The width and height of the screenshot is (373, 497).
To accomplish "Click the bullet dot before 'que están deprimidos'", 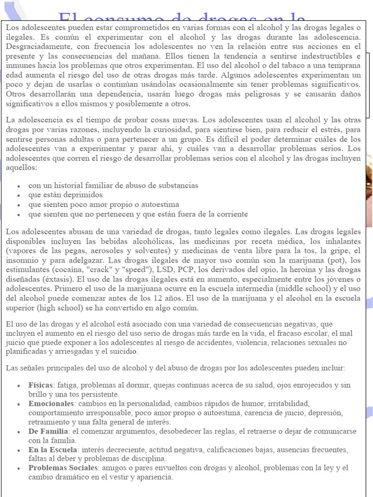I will click(x=18, y=195).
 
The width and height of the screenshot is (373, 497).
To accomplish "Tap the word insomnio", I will click(x=23, y=260).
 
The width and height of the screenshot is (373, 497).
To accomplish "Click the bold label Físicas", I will click(x=40, y=385).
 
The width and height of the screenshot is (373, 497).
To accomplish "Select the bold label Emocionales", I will click(x=51, y=404).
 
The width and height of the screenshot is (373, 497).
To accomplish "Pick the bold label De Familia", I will click(x=48, y=431).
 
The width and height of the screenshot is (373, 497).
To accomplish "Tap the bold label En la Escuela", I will click(x=53, y=450).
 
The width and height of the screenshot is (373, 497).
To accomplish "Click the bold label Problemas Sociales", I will click(x=63, y=468).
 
